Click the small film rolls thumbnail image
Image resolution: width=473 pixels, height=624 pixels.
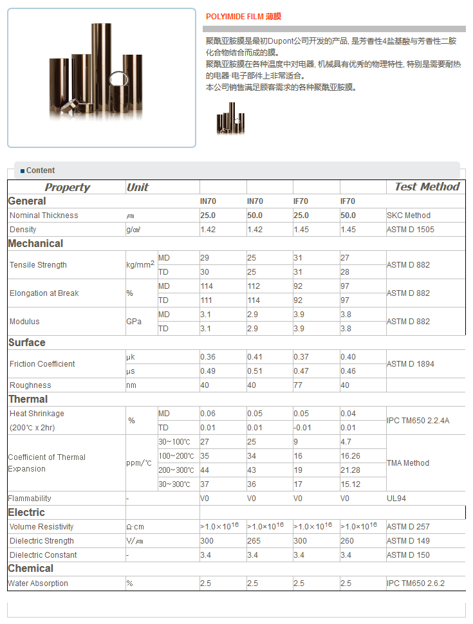point(230,119)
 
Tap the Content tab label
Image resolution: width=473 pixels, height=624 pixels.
point(40,170)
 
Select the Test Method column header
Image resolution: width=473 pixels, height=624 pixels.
point(427,187)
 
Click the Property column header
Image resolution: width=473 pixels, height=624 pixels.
point(67,188)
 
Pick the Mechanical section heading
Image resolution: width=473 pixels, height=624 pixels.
point(35,244)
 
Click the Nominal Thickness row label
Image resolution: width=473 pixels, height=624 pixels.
point(44,216)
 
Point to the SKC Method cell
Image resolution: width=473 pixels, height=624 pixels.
point(409,216)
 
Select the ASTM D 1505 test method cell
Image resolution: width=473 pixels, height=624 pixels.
point(411,230)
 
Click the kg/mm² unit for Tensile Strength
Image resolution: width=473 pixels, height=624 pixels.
point(140,264)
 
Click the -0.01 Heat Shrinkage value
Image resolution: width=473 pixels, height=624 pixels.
point(302,428)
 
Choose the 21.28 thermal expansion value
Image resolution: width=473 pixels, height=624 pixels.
point(350,470)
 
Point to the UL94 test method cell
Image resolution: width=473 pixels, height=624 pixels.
point(396,499)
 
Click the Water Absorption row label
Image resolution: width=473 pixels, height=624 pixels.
point(38,583)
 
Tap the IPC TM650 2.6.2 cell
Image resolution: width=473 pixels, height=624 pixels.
point(416,583)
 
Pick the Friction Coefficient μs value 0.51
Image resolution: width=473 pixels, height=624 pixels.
point(255,371)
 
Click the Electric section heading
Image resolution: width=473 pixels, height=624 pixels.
point(26,513)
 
